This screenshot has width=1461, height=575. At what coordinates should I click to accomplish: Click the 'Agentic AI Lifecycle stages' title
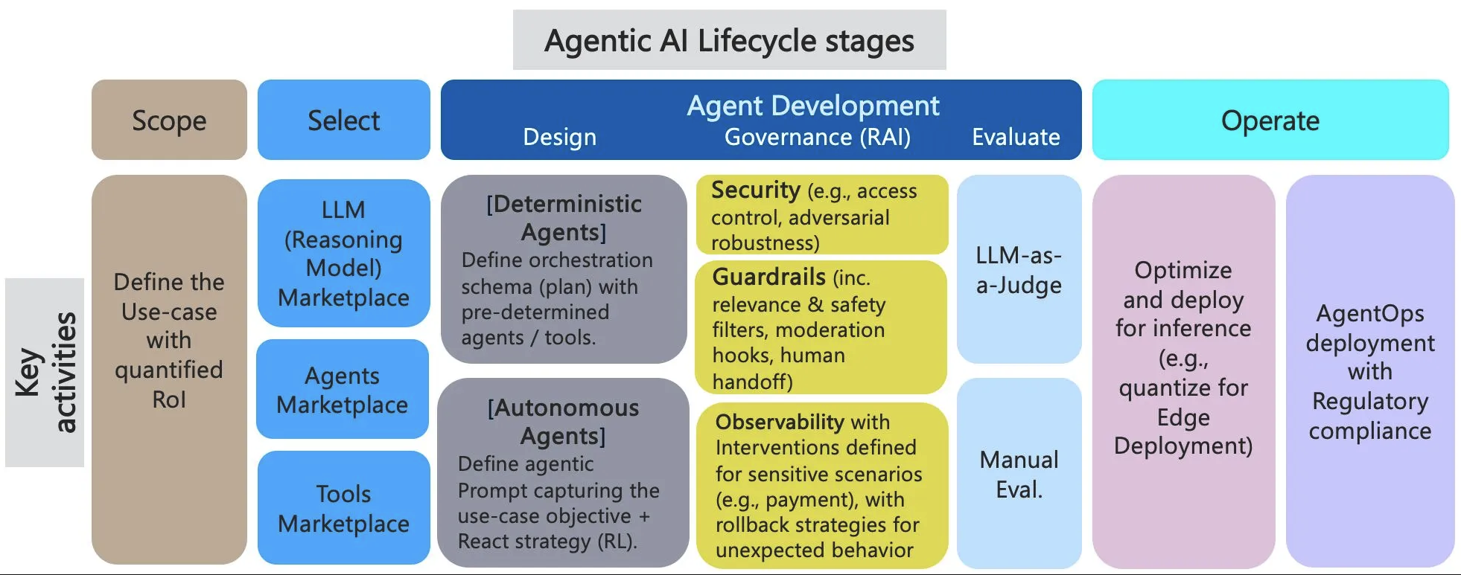click(729, 41)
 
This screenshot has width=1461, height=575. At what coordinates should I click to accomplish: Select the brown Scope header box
click(169, 121)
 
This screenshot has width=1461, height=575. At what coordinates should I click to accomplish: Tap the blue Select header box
click(343, 121)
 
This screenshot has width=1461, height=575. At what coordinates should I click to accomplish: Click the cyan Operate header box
click(1270, 121)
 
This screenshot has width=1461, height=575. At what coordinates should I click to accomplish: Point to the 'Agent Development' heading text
click(812, 106)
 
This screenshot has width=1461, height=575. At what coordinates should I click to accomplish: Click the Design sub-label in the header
click(559, 138)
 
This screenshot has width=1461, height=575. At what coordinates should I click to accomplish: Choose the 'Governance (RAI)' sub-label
click(817, 138)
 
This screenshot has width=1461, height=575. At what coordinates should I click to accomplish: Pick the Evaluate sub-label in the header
click(1016, 138)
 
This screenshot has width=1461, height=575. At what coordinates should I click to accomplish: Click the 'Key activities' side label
click(45, 372)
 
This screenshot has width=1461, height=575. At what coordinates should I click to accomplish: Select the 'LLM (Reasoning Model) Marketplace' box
click(343, 253)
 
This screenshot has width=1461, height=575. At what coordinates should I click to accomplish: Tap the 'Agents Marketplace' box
click(343, 390)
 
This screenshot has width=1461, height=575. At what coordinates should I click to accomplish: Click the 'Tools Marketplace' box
click(343, 508)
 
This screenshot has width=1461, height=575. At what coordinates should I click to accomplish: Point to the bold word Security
click(755, 190)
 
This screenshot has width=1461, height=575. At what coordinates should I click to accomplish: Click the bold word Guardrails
click(768, 277)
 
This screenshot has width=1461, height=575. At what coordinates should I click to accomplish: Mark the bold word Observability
click(780, 422)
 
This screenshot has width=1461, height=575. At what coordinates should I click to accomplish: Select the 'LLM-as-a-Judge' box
click(1019, 269)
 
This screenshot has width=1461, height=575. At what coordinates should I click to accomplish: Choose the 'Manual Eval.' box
click(1019, 474)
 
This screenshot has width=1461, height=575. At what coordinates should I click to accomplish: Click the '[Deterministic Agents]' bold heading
click(564, 217)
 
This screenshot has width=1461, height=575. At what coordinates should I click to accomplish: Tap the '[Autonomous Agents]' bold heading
click(563, 421)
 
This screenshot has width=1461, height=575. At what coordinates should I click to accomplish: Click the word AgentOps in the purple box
click(1369, 313)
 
